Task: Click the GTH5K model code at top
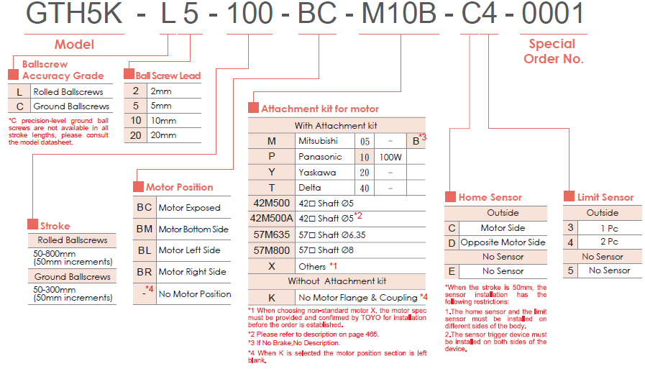(74, 15)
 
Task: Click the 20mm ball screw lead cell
(163, 135)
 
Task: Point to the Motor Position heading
(179, 187)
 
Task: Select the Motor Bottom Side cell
(193, 229)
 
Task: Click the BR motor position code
(145, 272)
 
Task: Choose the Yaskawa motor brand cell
(317, 173)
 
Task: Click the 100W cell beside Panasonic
(390, 157)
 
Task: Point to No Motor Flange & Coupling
(357, 297)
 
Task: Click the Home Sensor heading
(490, 197)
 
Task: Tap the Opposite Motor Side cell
(503, 242)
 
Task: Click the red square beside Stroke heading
(33, 226)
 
